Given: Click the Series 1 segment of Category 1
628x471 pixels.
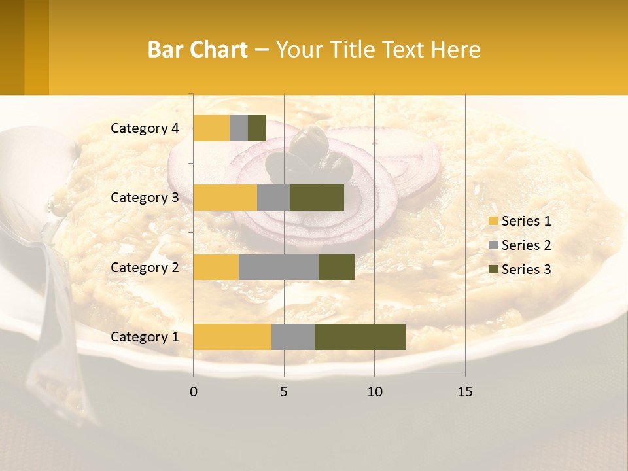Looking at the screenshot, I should [232, 337].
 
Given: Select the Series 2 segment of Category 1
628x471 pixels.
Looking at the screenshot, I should [293, 337].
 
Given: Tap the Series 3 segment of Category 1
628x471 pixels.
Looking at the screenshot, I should [360, 337].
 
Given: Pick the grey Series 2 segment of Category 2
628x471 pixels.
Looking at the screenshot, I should [279, 267].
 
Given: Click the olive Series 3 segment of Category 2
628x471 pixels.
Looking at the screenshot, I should [336, 267].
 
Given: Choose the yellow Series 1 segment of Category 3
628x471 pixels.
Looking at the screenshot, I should [225, 198].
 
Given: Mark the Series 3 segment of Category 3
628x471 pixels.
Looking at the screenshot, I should [317, 198].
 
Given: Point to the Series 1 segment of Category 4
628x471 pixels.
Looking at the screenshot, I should [211, 128].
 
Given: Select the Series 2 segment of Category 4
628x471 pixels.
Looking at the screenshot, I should [239, 128].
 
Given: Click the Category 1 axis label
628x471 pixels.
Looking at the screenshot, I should [145, 337].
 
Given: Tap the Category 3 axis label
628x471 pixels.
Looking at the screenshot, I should [145, 198].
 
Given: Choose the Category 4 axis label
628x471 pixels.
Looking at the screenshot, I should [145, 128].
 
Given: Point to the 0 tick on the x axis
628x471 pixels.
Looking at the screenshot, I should [194, 392].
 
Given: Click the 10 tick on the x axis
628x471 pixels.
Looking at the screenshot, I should [374, 392].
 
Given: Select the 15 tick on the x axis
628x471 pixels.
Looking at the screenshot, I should [464, 392].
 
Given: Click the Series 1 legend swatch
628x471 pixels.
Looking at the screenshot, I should [493, 221].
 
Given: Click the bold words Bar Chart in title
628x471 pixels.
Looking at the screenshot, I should [198, 50].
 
